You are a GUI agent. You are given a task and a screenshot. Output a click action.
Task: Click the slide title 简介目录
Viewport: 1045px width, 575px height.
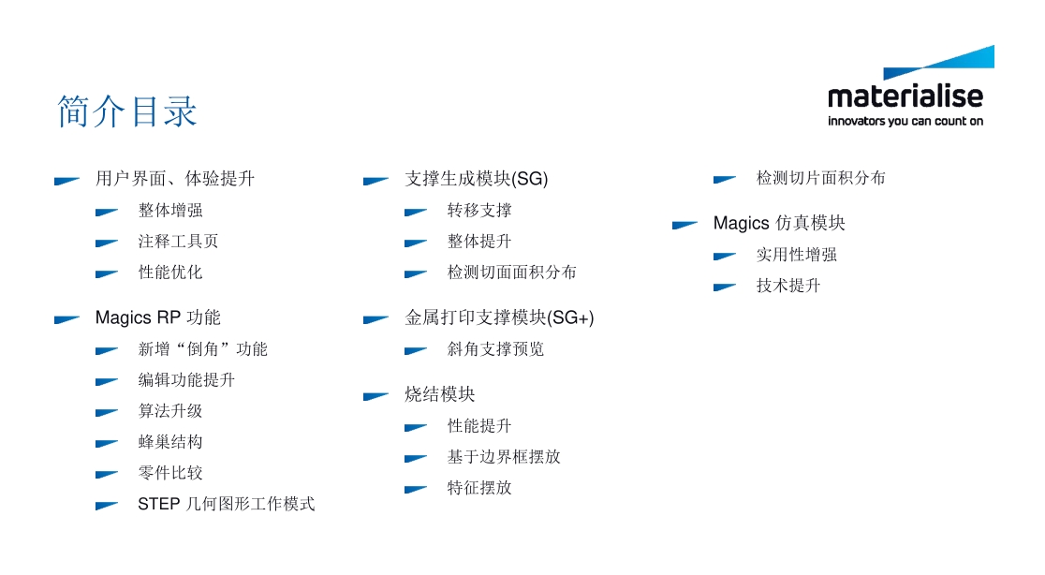pos(127,111)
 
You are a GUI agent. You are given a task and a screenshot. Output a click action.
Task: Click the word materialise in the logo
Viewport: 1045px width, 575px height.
pos(905,96)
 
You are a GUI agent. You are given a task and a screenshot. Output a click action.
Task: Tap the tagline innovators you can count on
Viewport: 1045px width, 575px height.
pos(905,121)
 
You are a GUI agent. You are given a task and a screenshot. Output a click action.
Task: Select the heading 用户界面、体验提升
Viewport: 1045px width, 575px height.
pos(174,178)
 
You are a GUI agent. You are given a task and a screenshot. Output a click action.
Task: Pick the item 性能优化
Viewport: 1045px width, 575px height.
pos(169,273)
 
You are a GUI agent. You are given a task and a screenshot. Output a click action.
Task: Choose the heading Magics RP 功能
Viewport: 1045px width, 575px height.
pos(157,317)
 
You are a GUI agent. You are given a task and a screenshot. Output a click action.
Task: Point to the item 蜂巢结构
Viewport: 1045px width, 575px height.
pos(169,442)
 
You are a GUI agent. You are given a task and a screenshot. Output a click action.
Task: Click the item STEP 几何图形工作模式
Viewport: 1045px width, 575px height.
pos(226,504)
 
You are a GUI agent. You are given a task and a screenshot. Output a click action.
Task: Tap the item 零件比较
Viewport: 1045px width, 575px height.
pos(169,473)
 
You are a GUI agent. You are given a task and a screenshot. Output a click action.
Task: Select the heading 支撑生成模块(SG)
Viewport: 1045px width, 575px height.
pos(476,178)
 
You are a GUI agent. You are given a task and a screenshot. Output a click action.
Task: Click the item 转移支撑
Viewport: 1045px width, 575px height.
pos(479,210)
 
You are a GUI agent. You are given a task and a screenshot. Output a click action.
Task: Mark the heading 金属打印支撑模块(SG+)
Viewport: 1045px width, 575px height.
pos(499,317)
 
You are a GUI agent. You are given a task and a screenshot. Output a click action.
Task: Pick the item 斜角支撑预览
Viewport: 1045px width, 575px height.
pos(495,349)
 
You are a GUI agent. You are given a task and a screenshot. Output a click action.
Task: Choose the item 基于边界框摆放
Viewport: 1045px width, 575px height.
pos(504,457)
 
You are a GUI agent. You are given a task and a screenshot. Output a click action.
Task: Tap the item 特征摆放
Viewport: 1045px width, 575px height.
pos(479,488)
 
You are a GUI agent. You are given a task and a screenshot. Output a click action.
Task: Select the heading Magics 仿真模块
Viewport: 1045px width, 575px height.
pos(779,223)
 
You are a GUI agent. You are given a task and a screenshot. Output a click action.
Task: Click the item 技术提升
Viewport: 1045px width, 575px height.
pos(788,286)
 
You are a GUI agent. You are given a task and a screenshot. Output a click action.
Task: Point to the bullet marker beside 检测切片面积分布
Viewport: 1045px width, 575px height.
pos(724,179)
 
